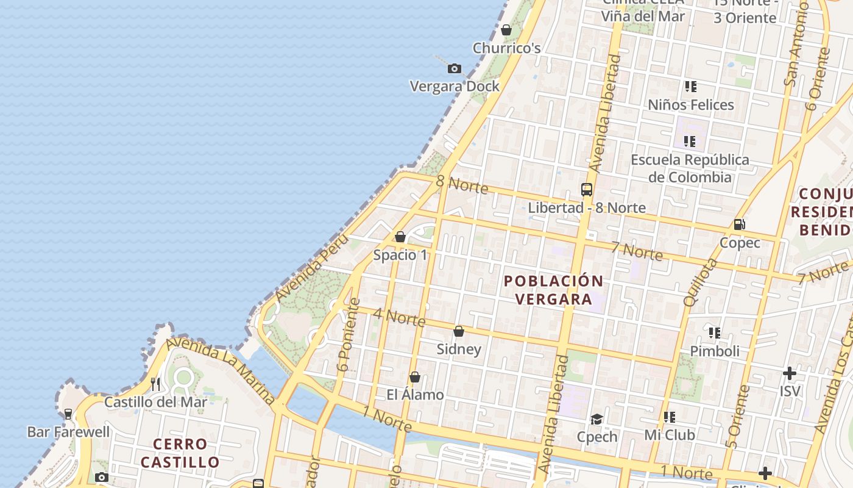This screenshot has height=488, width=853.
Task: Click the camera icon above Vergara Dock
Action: (x=454, y=69)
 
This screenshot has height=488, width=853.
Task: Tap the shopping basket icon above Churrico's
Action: (x=506, y=30)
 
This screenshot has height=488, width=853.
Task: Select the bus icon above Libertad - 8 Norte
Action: (x=587, y=190)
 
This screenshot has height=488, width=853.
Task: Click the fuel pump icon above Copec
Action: (x=740, y=224)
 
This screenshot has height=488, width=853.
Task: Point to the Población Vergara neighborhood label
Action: (x=553, y=290)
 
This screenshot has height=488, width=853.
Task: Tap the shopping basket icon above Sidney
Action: (x=459, y=331)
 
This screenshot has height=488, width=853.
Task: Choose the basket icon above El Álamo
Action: (x=415, y=377)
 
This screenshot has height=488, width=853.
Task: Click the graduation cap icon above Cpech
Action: (x=596, y=419)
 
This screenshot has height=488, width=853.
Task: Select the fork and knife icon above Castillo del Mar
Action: (x=155, y=384)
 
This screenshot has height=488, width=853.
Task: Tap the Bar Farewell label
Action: (x=69, y=432)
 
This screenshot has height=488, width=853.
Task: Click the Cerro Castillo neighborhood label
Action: (x=180, y=453)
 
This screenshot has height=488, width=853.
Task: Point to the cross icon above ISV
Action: (x=790, y=373)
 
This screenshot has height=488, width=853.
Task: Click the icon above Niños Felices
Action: (x=690, y=87)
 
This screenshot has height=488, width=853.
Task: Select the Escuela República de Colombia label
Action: (x=690, y=168)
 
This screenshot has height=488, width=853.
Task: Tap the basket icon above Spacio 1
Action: (x=400, y=237)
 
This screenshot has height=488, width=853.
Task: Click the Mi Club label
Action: (x=670, y=436)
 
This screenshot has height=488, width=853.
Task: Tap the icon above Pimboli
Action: (x=715, y=333)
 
